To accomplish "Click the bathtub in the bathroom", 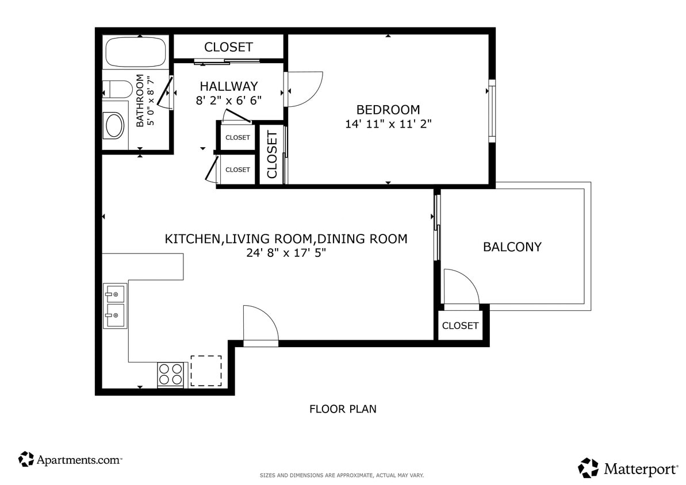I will (x=136, y=52).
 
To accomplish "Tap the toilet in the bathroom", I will (x=117, y=90).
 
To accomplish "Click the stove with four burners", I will (x=171, y=375).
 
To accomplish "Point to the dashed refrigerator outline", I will (x=206, y=371).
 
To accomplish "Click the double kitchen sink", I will (x=114, y=305).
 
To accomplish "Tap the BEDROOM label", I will (x=388, y=109).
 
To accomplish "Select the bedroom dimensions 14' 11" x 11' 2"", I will (x=388, y=124).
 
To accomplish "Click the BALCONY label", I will (x=512, y=247).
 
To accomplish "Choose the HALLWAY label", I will (x=229, y=86).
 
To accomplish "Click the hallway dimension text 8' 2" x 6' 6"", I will (x=229, y=101).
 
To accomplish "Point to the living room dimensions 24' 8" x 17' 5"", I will (x=286, y=253).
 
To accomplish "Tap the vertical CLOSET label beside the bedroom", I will (x=272, y=155).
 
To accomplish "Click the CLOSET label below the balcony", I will (x=460, y=326).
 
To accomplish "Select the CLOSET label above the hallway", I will (x=228, y=47).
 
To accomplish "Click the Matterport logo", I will (x=628, y=468).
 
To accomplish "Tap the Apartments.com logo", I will (x=70, y=459).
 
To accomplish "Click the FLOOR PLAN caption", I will (x=343, y=409).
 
